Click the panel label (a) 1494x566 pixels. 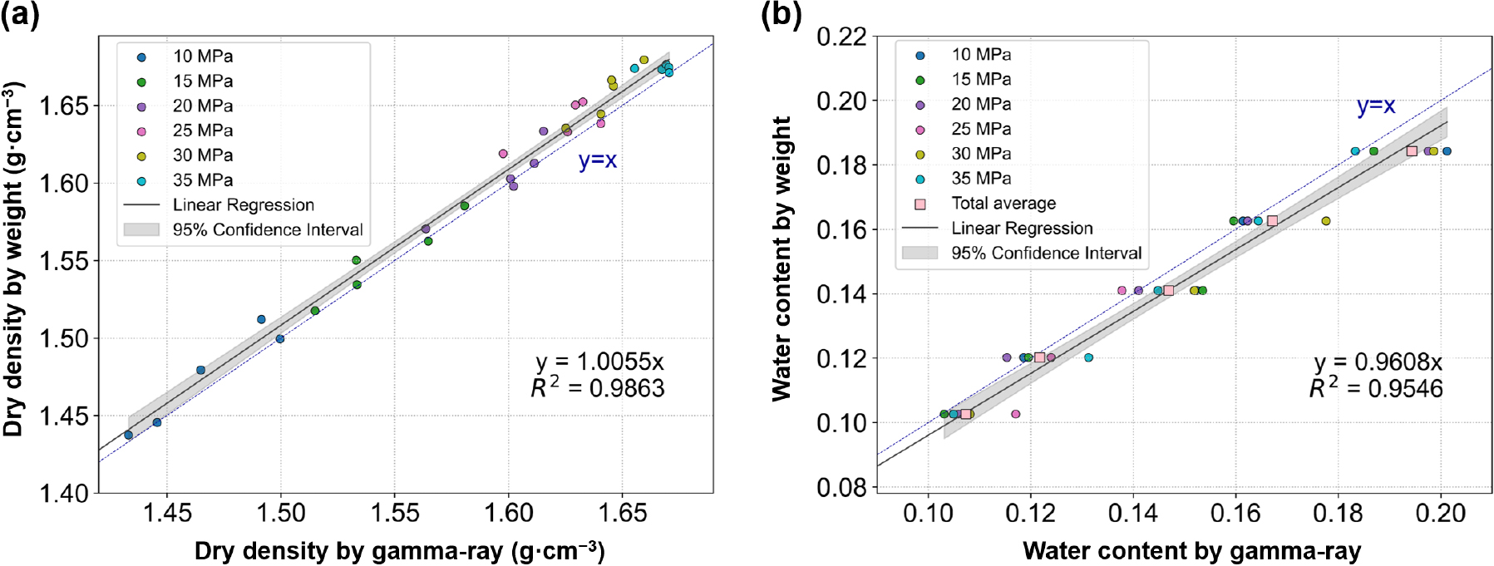point(20,16)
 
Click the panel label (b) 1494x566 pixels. point(782,16)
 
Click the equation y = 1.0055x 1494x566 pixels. point(599,362)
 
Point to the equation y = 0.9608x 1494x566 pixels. point(1378,362)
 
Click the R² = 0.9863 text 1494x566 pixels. point(598,388)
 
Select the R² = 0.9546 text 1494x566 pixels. point(1376,388)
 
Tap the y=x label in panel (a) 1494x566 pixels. point(598,160)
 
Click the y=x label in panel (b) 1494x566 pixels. point(1376,106)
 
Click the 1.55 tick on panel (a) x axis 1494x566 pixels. point(395,513)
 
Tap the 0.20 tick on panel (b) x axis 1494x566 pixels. point(1441,513)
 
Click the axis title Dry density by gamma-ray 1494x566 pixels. point(399,550)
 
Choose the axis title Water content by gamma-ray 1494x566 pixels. point(1191,550)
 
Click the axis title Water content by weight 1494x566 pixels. point(782,258)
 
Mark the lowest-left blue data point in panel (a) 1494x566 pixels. point(128,436)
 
